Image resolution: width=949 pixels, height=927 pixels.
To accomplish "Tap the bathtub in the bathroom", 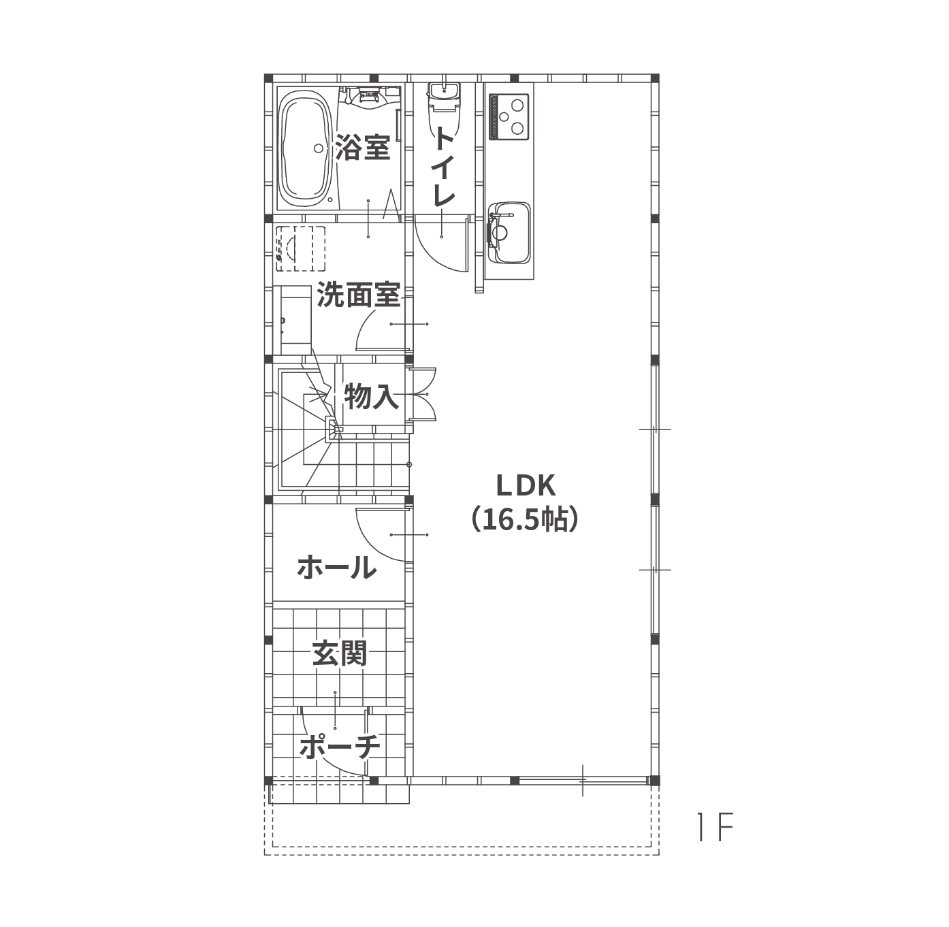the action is tap(305, 148).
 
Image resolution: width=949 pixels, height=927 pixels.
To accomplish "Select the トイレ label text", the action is tap(444, 166).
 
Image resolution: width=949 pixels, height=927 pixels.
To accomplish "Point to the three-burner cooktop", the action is tap(509, 116).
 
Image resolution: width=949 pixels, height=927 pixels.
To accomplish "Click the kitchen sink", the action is tap(509, 232).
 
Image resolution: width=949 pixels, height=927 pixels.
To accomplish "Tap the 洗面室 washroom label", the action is tap(359, 295).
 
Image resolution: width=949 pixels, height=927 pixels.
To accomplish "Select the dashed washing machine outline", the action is tap(300, 248).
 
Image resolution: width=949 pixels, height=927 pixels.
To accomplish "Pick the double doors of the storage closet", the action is tap(422, 393).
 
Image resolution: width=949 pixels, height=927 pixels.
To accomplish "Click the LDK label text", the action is tap(526, 485).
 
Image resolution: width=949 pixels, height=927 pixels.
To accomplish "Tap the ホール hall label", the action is tap(337, 567).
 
